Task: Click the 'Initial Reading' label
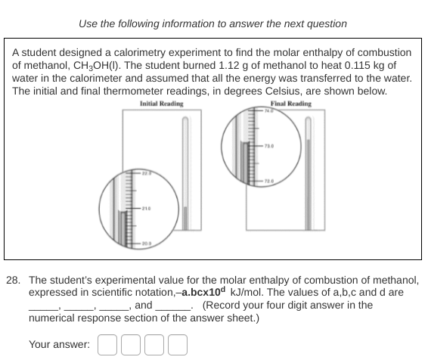click(162, 104)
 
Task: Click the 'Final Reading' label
click(290, 104)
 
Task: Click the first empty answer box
click(107, 345)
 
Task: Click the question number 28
click(13, 279)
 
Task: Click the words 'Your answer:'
click(59, 345)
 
